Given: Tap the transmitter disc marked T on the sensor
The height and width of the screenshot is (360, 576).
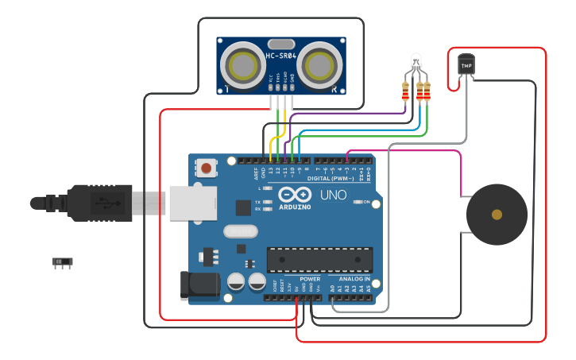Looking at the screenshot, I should [x=238, y=63].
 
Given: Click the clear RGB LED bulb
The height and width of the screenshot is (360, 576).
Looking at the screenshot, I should [x=416, y=61].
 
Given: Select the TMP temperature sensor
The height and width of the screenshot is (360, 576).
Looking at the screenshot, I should [x=466, y=64].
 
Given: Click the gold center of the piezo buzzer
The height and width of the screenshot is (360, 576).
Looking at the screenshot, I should [x=497, y=215].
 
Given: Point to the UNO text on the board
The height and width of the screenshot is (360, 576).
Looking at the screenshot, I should [x=333, y=195].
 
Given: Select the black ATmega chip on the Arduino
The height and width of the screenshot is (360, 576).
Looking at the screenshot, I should [x=319, y=260].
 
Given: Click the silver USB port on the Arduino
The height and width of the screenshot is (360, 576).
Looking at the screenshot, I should [x=191, y=202].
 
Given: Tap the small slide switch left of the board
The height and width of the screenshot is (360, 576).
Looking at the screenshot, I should [x=62, y=261].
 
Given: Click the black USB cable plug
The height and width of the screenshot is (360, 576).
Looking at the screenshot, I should [x=99, y=203].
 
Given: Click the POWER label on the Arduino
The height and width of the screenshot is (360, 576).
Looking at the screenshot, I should [x=311, y=280].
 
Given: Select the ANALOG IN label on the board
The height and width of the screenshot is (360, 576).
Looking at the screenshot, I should [x=354, y=280].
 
